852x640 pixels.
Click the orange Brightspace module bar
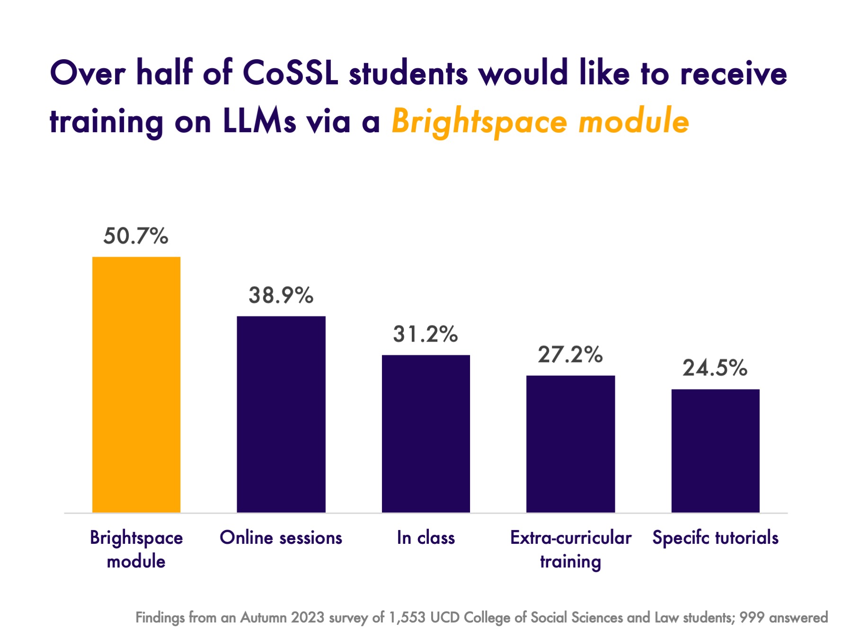[136, 384]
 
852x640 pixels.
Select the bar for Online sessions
[281, 414]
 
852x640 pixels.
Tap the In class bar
[426, 433]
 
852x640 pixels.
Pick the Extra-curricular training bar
[570, 444]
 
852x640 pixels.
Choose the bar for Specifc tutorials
[715, 451]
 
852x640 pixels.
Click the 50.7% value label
[136, 236]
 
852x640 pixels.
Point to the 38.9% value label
[281, 295]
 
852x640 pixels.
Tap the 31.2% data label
[426, 334]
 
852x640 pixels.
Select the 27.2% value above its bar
[570, 354]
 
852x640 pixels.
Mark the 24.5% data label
[715, 368]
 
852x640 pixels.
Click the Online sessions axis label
[281, 538]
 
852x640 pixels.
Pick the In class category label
[426, 538]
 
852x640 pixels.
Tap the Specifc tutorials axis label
[715, 538]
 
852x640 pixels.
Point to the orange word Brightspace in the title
[479, 122]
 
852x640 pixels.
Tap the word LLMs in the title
[259, 122]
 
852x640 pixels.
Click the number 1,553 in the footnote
[407, 618]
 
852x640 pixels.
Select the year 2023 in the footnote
[308, 618]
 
